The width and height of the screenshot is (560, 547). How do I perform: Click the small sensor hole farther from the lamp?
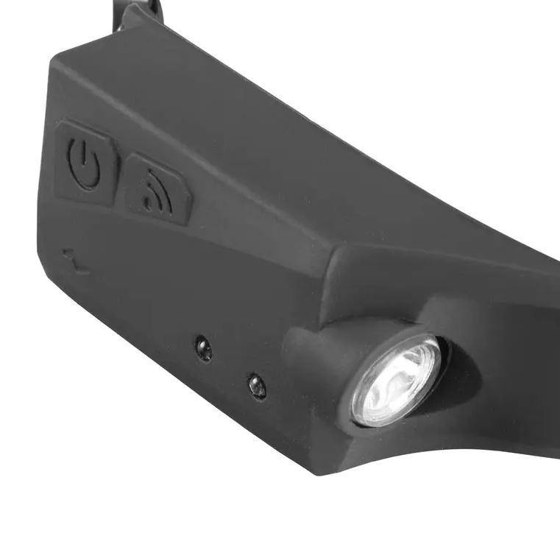tap(203, 347)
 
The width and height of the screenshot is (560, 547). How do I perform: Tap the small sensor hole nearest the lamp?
tap(257, 385)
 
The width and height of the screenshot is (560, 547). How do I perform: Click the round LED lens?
tap(397, 378)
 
